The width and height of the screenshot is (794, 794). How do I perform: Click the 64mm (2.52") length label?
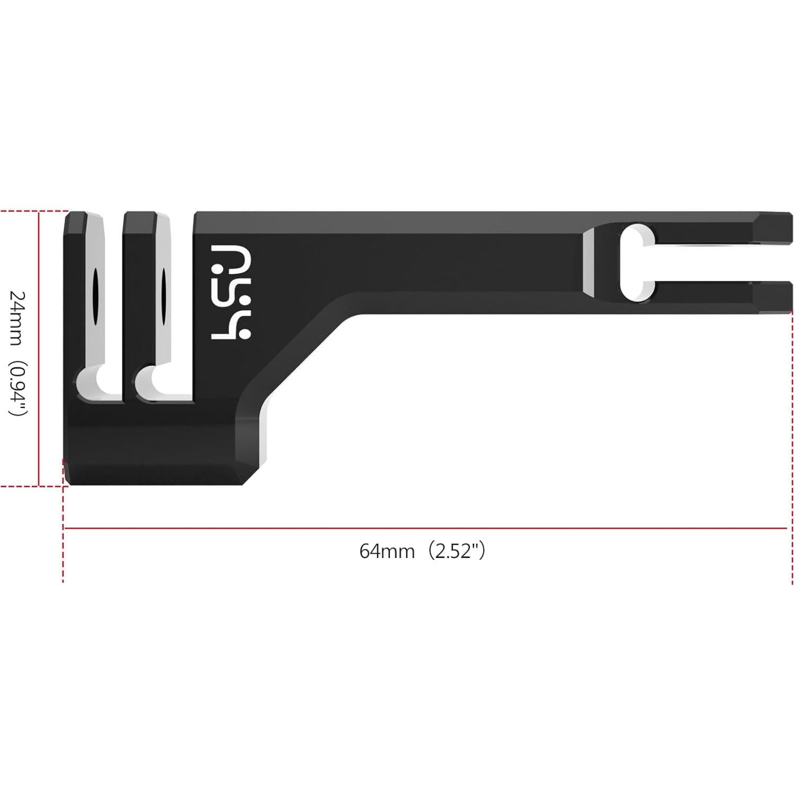click(422, 551)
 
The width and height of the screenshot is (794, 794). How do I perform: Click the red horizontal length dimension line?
click(424, 528)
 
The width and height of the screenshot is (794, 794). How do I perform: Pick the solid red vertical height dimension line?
click(39, 348)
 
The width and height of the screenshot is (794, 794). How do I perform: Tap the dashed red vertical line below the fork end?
click(786, 424)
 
